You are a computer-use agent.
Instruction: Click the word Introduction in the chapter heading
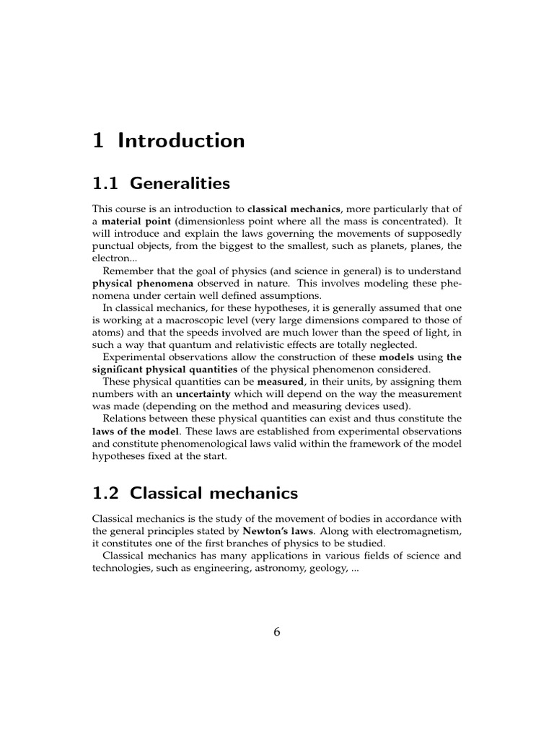[181, 141]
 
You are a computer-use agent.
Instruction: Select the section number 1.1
[107, 183]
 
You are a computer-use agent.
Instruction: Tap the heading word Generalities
[180, 183]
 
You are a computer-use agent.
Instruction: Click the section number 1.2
[107, 494]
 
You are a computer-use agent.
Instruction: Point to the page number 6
[277, 632]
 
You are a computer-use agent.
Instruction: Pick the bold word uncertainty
[207, 395]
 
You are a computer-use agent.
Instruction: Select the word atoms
[107, 332]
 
